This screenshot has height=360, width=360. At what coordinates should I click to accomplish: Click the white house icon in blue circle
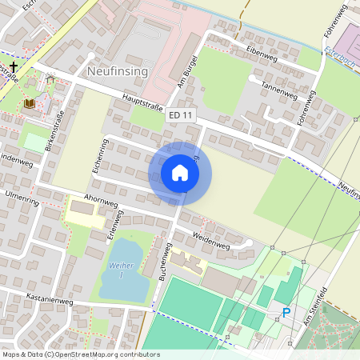180,173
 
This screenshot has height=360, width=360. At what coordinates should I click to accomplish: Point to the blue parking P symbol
286,313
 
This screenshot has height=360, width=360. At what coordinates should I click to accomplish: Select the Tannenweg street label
278,88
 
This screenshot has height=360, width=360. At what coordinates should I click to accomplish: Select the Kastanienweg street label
50,302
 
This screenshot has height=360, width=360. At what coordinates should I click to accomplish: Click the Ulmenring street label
22,194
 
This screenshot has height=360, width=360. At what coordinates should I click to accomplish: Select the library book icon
30,103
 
